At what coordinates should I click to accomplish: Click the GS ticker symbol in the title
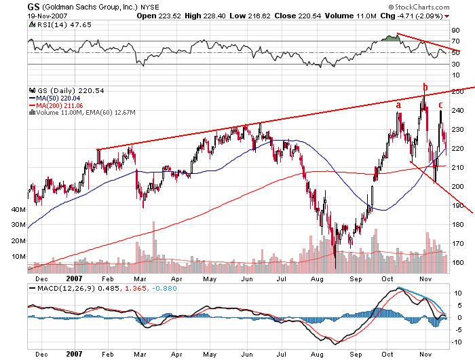click(33, 6)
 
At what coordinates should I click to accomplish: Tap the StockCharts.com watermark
click(435, 15)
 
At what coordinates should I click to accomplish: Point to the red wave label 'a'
click(398, 105)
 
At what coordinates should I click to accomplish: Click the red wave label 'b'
click(425, 87)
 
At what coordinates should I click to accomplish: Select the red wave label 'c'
click(440, 105)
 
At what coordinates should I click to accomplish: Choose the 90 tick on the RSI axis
click(455, 31)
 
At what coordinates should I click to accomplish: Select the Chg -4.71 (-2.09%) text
click(404, 15)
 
